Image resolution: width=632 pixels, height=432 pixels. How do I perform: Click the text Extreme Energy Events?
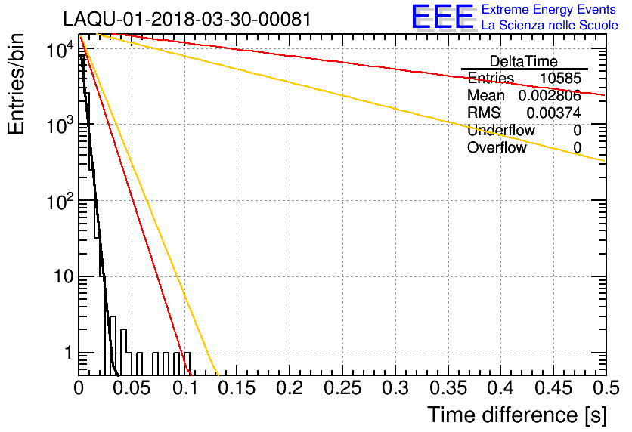click(x=550, y=10)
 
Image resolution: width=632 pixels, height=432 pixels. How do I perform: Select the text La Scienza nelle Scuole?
click(x=550, y=26)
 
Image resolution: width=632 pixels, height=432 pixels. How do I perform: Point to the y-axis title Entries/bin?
click(x=17, y=85)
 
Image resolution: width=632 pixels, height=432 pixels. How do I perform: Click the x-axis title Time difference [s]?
click(x=516, y=415)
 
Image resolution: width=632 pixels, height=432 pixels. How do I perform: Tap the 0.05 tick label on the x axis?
click(x=132, y=388)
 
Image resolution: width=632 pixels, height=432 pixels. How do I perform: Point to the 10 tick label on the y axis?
click(x=57, y=277)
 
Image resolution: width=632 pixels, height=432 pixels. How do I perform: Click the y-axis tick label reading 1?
click(x=66, y=353)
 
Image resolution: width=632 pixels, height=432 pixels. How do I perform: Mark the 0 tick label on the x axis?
click(x=79, y=388)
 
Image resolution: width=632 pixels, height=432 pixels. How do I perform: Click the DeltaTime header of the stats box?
click(x=524, y=61)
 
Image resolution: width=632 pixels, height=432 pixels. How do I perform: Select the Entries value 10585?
click(x=560, y=79)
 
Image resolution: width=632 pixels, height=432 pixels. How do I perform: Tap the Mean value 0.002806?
click(x=549, y=96)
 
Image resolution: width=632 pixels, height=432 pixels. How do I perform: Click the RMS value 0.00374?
click(x=555, y=113)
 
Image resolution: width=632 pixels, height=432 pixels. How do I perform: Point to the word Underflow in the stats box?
click(x=500, y=131)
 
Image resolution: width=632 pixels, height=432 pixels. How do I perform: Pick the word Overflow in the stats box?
click(x=497, y=148)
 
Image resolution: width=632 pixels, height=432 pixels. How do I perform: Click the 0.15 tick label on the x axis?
click(x=237, y=388)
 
